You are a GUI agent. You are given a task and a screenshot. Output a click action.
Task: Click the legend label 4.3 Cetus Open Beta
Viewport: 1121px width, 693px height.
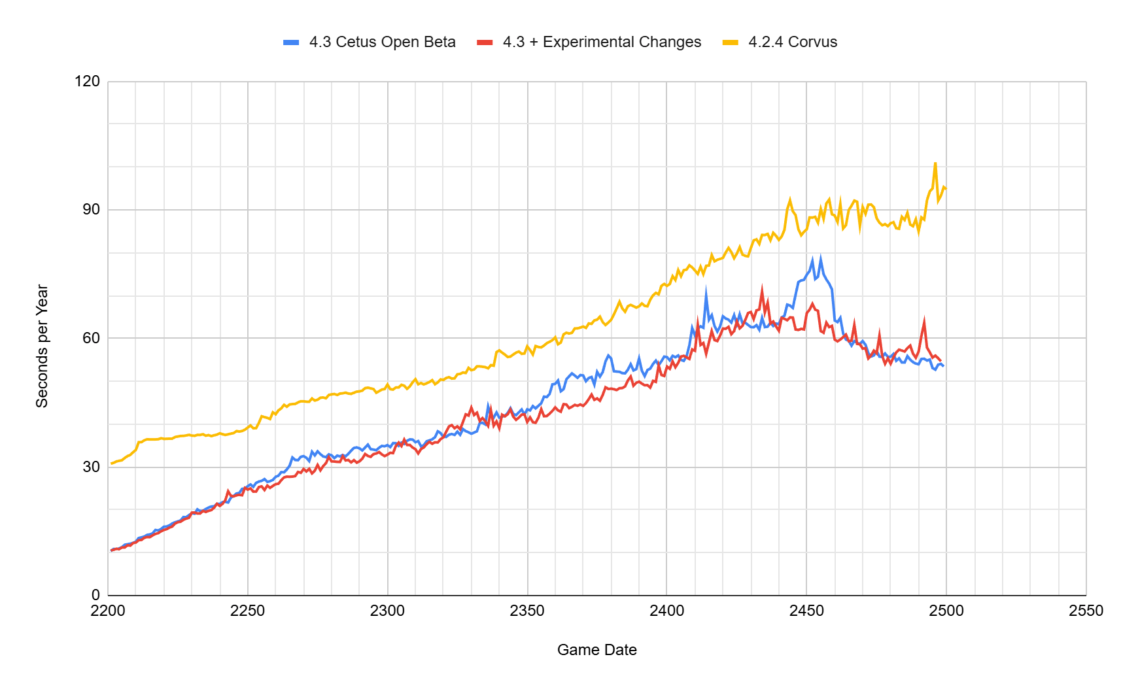[382, 42]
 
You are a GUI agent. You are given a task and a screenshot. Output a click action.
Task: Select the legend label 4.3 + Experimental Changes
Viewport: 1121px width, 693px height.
[602, 42]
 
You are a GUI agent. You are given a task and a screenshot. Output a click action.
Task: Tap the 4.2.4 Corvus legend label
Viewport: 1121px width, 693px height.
[793, 42]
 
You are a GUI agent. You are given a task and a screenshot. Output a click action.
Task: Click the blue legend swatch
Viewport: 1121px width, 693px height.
[291, 42]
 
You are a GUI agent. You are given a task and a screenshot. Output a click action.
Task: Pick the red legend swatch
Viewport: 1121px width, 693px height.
[485, 42]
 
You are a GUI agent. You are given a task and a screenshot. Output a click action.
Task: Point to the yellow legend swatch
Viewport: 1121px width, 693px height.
[731, 42]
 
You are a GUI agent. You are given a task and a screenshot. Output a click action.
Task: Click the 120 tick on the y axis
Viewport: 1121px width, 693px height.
[88, 82]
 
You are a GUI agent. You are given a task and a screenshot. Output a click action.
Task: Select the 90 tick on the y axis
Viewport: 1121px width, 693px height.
[91, 210]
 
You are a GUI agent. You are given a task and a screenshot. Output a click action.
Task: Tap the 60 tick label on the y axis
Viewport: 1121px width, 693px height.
[91, 338]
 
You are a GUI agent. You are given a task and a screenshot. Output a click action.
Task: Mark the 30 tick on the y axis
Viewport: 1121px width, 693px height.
[91, 467]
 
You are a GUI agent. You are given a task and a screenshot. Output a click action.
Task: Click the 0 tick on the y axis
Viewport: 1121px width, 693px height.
[95, 595]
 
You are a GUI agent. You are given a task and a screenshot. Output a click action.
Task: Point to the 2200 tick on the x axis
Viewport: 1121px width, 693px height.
[108, 611]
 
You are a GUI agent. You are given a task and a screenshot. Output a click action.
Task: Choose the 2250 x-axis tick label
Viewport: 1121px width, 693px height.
[247, 611]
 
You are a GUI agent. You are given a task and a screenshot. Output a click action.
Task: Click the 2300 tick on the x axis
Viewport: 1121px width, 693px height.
[387, 611]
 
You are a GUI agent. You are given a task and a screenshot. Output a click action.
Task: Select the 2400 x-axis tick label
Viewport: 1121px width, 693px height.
[666, 611]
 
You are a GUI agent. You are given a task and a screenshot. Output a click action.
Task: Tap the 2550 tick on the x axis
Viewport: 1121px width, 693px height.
[1086, 611]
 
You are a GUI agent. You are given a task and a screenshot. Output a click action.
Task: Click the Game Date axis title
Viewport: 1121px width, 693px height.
[596, 650]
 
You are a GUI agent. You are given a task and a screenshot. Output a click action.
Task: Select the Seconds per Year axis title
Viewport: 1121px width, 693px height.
[43, 346]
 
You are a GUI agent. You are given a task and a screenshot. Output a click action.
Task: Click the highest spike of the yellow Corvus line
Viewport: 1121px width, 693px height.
[935, 163]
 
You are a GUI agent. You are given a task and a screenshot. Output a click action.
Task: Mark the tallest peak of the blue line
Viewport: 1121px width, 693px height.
[821, 257]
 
